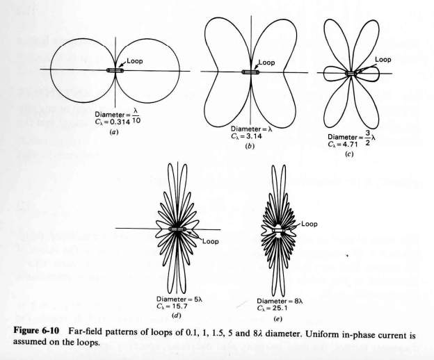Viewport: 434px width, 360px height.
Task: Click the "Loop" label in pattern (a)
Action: tap(135, 61)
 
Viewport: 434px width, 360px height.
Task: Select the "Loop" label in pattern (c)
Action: tap(383, 60)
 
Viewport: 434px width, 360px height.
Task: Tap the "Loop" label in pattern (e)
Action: tap(309, 224)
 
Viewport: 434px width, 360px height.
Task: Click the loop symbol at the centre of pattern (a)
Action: tap(115, 71)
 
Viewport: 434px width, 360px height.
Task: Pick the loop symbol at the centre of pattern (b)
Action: tap(250, 72)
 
